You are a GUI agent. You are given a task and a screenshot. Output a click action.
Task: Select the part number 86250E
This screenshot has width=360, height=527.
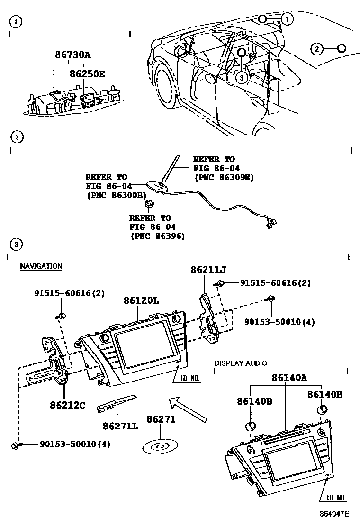coord(87,74)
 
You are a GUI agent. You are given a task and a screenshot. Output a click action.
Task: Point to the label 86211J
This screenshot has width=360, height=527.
coord(208,270)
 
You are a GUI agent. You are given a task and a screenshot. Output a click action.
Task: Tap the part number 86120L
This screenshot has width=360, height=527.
coord(141,300)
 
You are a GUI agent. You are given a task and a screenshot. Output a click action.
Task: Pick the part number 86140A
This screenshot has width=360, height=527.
coord(289,378)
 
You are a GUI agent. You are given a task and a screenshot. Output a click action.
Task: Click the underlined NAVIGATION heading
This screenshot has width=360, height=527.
coord(41,266)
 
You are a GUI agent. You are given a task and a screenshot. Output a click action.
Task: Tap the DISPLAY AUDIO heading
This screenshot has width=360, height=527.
coord(241,363)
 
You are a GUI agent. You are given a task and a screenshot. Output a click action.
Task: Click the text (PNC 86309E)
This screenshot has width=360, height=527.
coord(224,177)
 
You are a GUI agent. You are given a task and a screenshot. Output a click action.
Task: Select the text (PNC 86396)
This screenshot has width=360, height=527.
coord(157,236)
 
